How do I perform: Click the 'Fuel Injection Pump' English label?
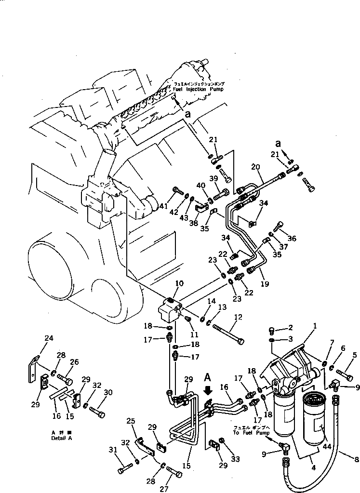[x=198, y=89]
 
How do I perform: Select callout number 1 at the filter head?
[x=314, y=326]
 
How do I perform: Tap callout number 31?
[x=114, y=450]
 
